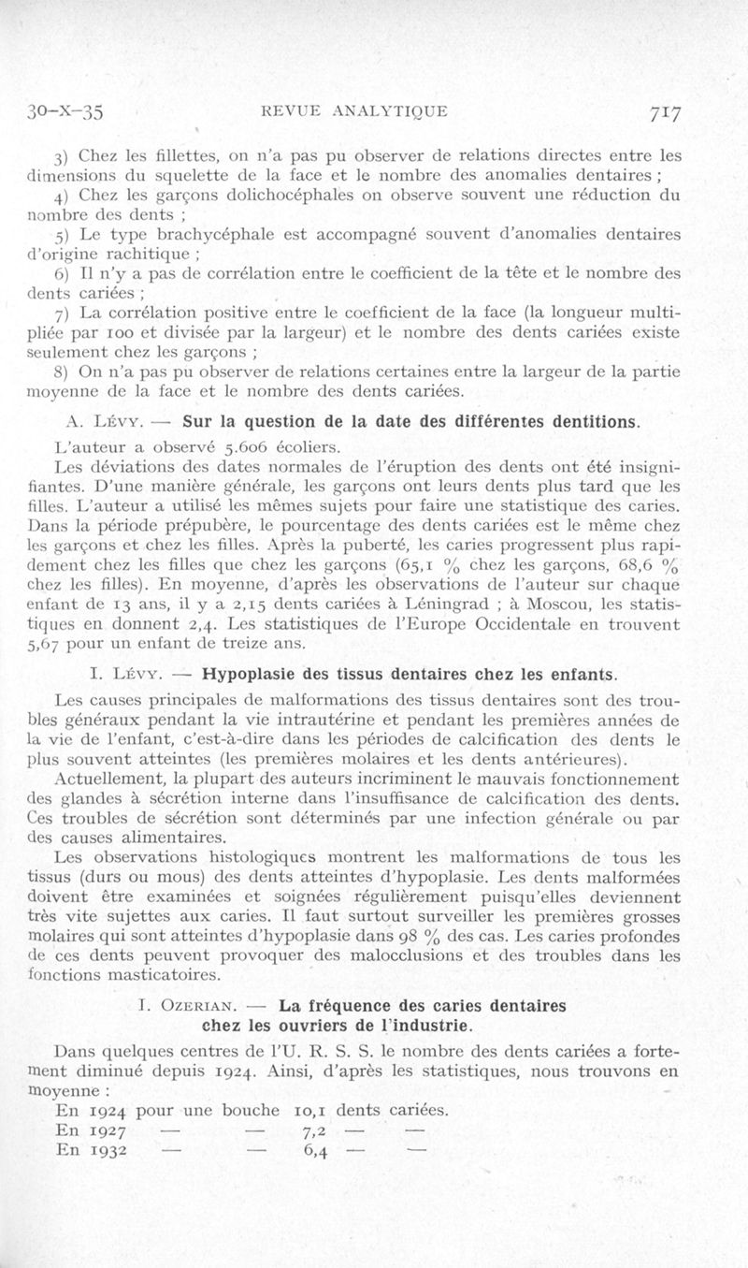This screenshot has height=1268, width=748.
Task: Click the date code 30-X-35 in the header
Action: pos(66,112)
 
